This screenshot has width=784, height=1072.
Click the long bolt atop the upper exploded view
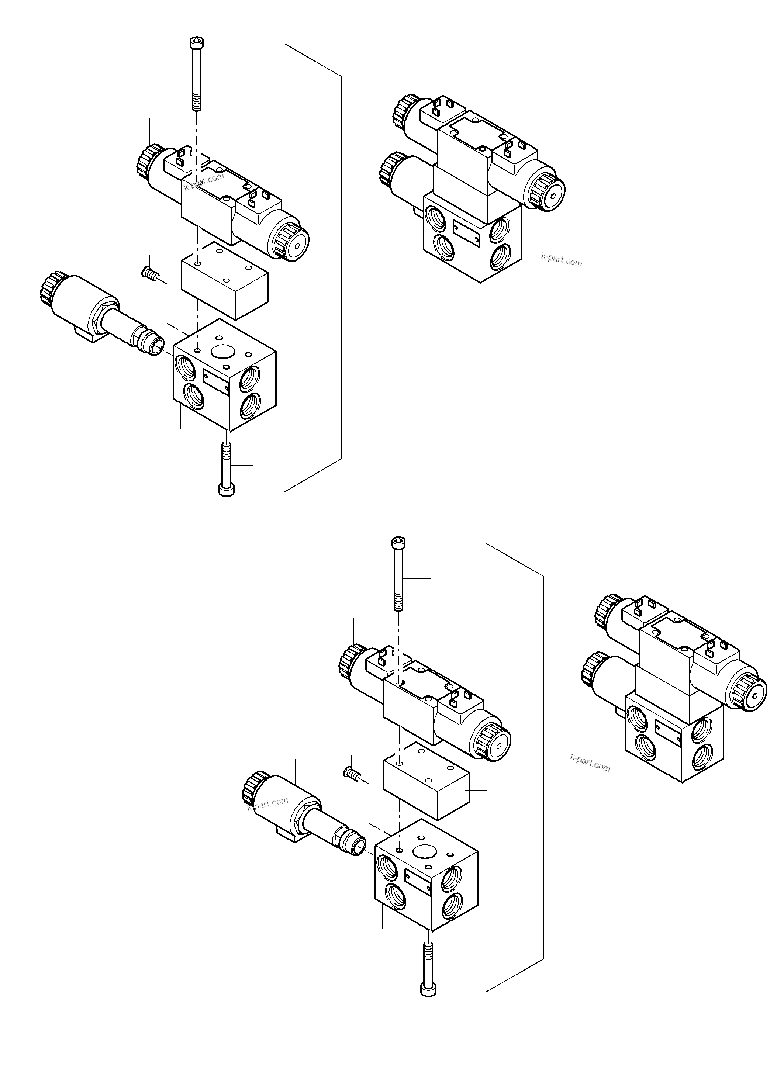coord(196,76)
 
